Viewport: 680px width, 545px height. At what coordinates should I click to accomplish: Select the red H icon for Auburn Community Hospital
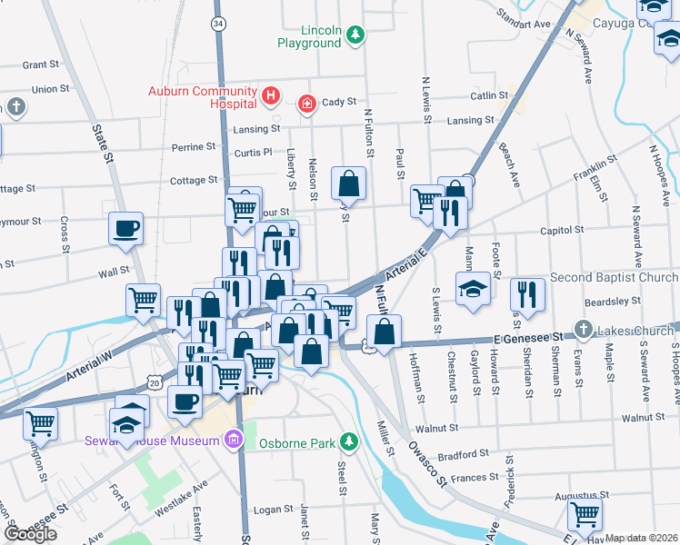[270, 94]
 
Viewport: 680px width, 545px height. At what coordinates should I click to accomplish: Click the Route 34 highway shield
[217, 22]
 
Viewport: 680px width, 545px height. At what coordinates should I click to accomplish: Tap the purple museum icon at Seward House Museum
[234, 441]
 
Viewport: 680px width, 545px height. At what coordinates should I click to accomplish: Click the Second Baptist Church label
[614, 277]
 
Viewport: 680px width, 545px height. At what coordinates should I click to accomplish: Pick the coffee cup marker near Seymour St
[126, 228]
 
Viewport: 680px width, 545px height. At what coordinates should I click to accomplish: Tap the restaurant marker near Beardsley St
[527, 293]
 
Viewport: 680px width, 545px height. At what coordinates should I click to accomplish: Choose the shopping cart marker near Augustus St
[584, 513]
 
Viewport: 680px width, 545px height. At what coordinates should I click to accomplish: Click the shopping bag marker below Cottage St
[348, 183]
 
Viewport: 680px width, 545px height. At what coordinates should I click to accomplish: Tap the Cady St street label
[338, 102]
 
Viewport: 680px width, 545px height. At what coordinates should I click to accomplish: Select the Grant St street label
[40, 64]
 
